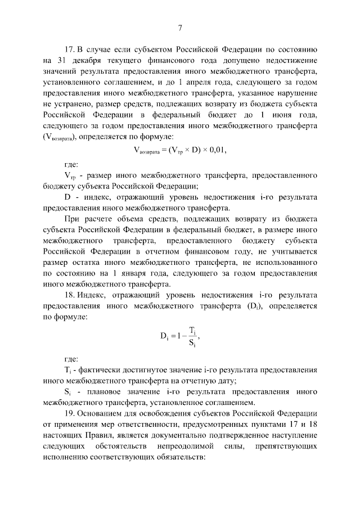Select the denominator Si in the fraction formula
point(192,341)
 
